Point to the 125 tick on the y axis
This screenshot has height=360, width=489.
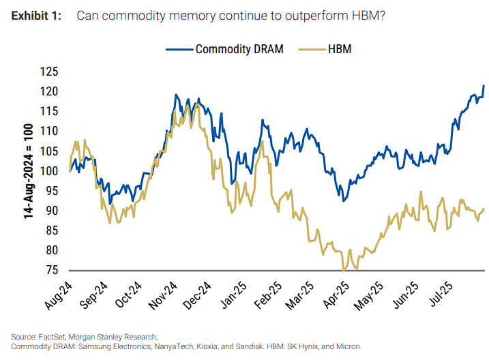tap(48, 72)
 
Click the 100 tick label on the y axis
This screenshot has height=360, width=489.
tap(48, 171)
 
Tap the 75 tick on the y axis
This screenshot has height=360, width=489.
tap(50, 271)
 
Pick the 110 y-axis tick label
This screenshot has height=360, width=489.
tap(48, 131)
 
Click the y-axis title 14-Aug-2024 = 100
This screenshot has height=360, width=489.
tap(28, 171)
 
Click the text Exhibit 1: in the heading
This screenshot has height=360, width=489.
tap(35, 15)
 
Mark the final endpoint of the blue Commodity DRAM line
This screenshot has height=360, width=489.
tap(484, 86)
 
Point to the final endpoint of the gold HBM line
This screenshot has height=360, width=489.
tap(484, 209)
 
